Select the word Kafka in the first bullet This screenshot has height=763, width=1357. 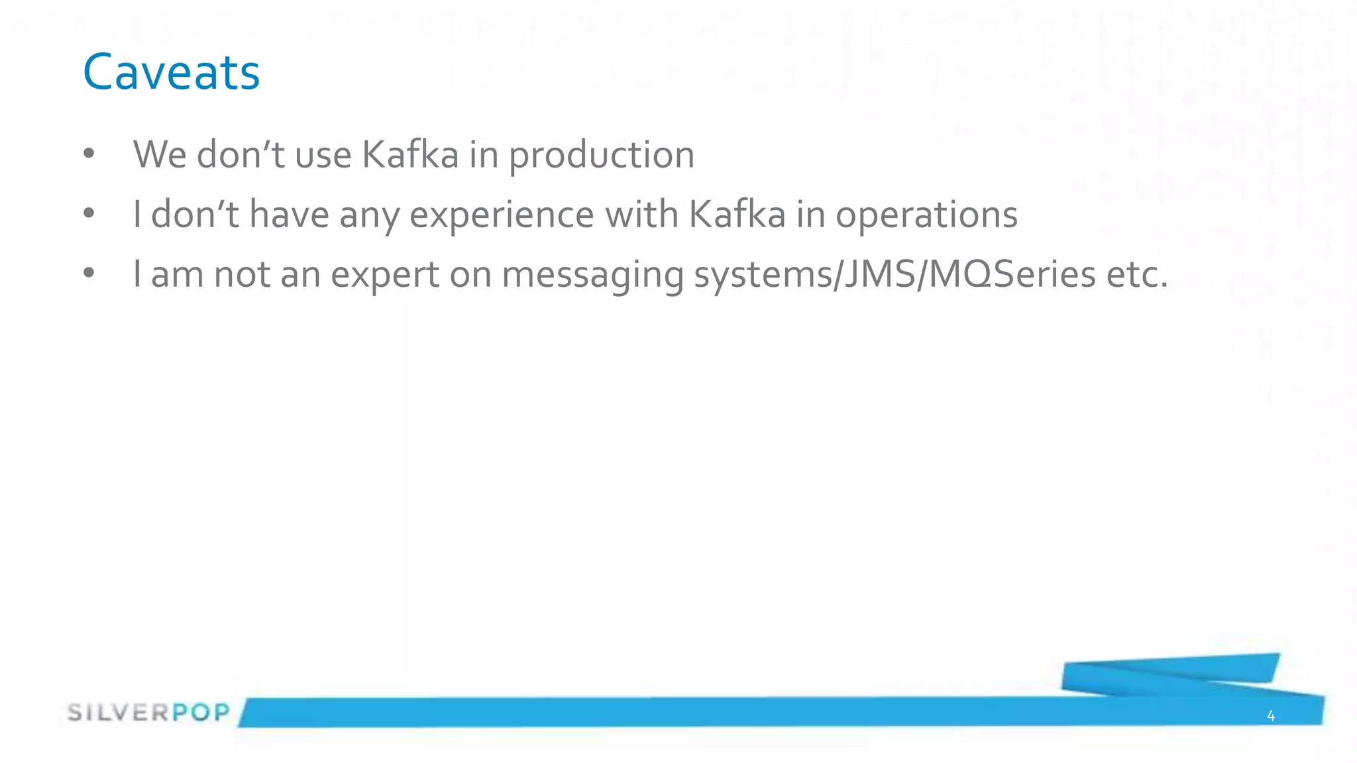pos(410,155)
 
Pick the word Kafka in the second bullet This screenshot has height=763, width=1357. pos(737,215)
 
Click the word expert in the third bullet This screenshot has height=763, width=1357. pos(385,274)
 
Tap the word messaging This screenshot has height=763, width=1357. pos(592,276)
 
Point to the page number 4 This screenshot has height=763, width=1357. pos(1270,715)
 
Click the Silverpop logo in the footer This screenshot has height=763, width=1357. pos(148,713)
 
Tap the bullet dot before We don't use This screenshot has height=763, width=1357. pos(89,154)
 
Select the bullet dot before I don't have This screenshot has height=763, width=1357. pos(89,214)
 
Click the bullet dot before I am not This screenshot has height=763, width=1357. pos(89,274)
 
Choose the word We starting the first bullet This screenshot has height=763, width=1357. pos(160,155)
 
